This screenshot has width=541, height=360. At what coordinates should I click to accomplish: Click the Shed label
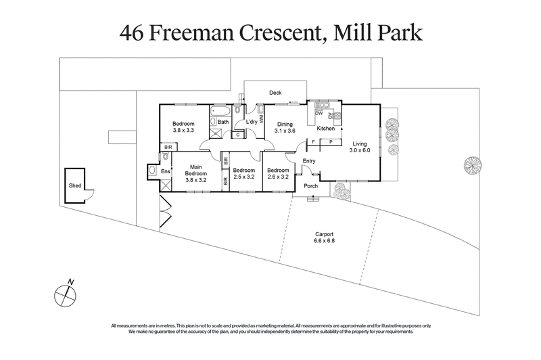point(74,185)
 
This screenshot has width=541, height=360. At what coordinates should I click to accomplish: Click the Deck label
point(275,93)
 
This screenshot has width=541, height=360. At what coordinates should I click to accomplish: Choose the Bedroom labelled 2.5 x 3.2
point(243,174)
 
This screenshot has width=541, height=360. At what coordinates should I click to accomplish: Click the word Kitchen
point(326,128)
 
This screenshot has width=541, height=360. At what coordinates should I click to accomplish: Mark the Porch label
point(310,186)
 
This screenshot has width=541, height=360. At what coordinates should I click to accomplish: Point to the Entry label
point(309,160)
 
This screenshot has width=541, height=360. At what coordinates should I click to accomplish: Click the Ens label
point(164,171)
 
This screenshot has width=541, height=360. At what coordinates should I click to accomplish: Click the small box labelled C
point(238,134)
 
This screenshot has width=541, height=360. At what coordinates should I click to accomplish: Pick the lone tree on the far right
point(472,164)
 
